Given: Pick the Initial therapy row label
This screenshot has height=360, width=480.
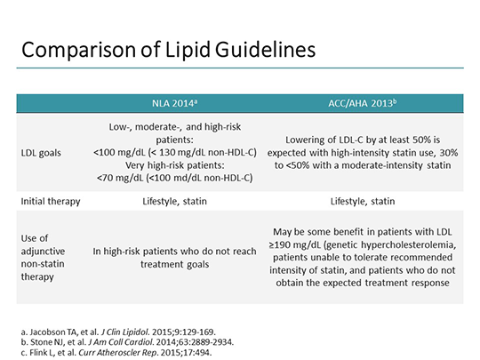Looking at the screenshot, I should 51,201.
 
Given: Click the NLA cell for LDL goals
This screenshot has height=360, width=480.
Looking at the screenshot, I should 174,152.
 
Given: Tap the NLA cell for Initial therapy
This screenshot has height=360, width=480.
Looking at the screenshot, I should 174,201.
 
